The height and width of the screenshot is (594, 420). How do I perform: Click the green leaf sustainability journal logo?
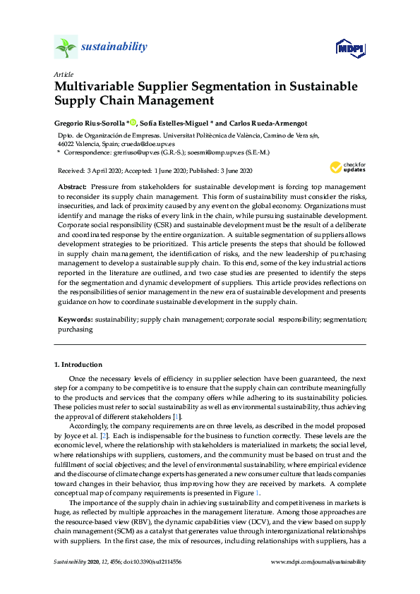(65, 47)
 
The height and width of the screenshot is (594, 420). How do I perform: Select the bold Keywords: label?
(76, 320)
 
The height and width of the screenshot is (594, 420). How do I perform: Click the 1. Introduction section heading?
(78, 365)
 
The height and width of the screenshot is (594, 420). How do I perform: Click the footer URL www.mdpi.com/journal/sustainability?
(319, 562)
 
